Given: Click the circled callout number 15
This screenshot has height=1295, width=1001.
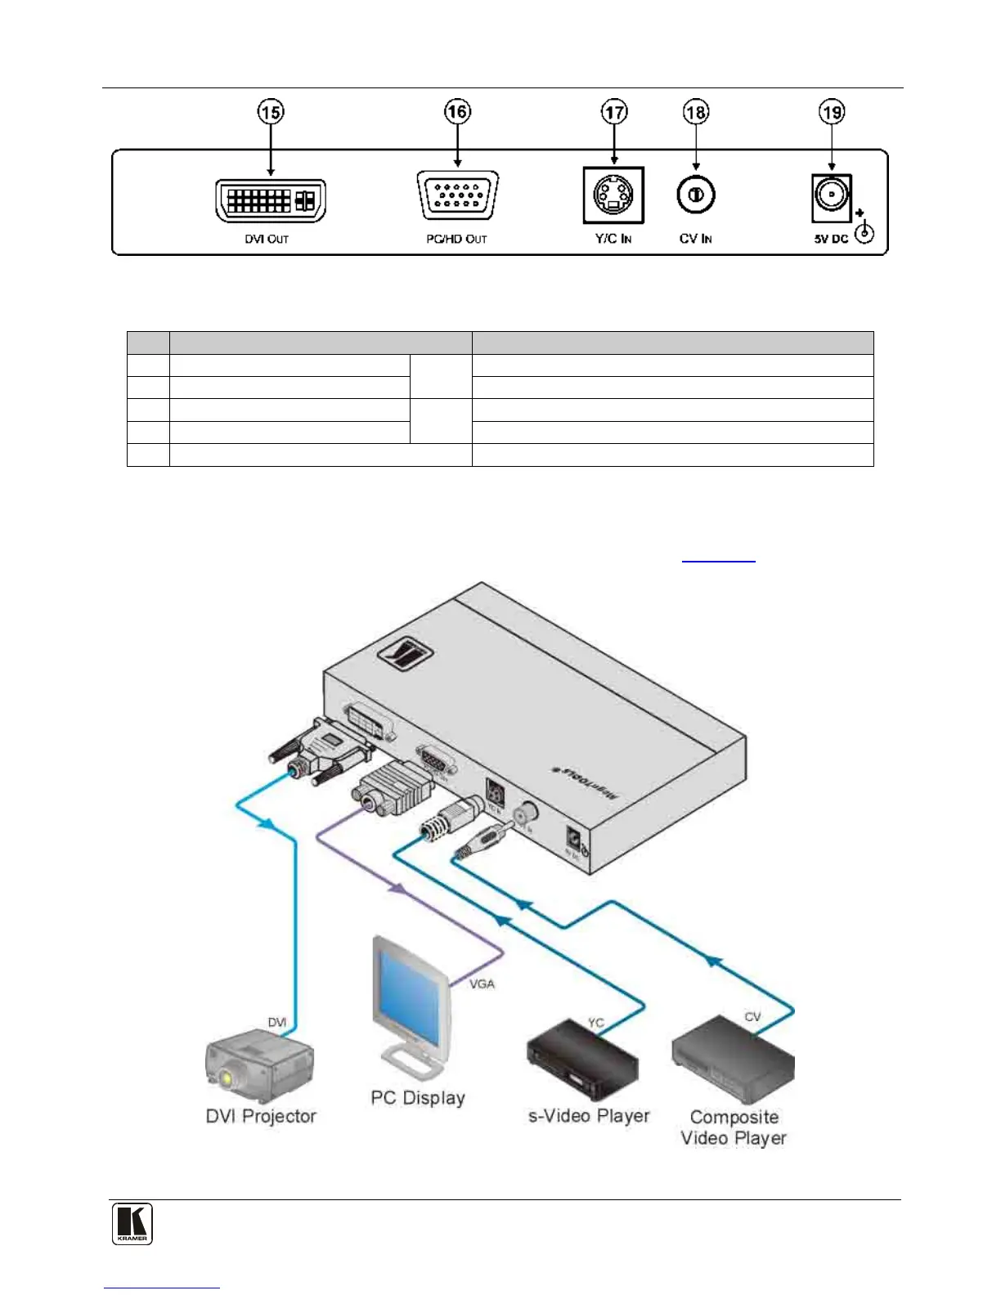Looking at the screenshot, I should (271, 112).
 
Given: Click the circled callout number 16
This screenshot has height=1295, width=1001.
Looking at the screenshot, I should (457, 112).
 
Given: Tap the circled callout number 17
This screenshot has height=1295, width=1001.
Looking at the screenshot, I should (614, 112).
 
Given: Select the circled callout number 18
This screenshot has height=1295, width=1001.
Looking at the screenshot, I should (695, 112).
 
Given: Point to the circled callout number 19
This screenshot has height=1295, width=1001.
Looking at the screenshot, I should (832, 112).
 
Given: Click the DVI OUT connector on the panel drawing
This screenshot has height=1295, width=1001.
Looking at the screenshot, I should (271, 200).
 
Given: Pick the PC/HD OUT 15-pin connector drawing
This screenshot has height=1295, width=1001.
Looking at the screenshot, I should (457, 196).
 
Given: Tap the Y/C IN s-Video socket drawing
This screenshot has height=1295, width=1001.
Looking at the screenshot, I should (613, 195).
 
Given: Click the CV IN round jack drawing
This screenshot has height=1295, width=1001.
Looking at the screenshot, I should (695, 195).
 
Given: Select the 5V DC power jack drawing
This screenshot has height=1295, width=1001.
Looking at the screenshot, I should (831, 199).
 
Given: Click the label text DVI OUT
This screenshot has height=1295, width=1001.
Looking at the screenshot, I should (267, 240).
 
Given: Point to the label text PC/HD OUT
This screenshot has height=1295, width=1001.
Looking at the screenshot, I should (456, 240).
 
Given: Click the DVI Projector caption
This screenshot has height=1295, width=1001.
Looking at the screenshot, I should (261, 1116).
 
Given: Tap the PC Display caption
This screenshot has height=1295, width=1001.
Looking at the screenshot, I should (418, 1097).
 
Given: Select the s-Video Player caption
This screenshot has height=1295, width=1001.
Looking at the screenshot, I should (589, 1116).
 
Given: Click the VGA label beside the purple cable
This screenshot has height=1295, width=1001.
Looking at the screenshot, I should (482, 984).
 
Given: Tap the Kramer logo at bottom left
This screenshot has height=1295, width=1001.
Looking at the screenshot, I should (132, 1224).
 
